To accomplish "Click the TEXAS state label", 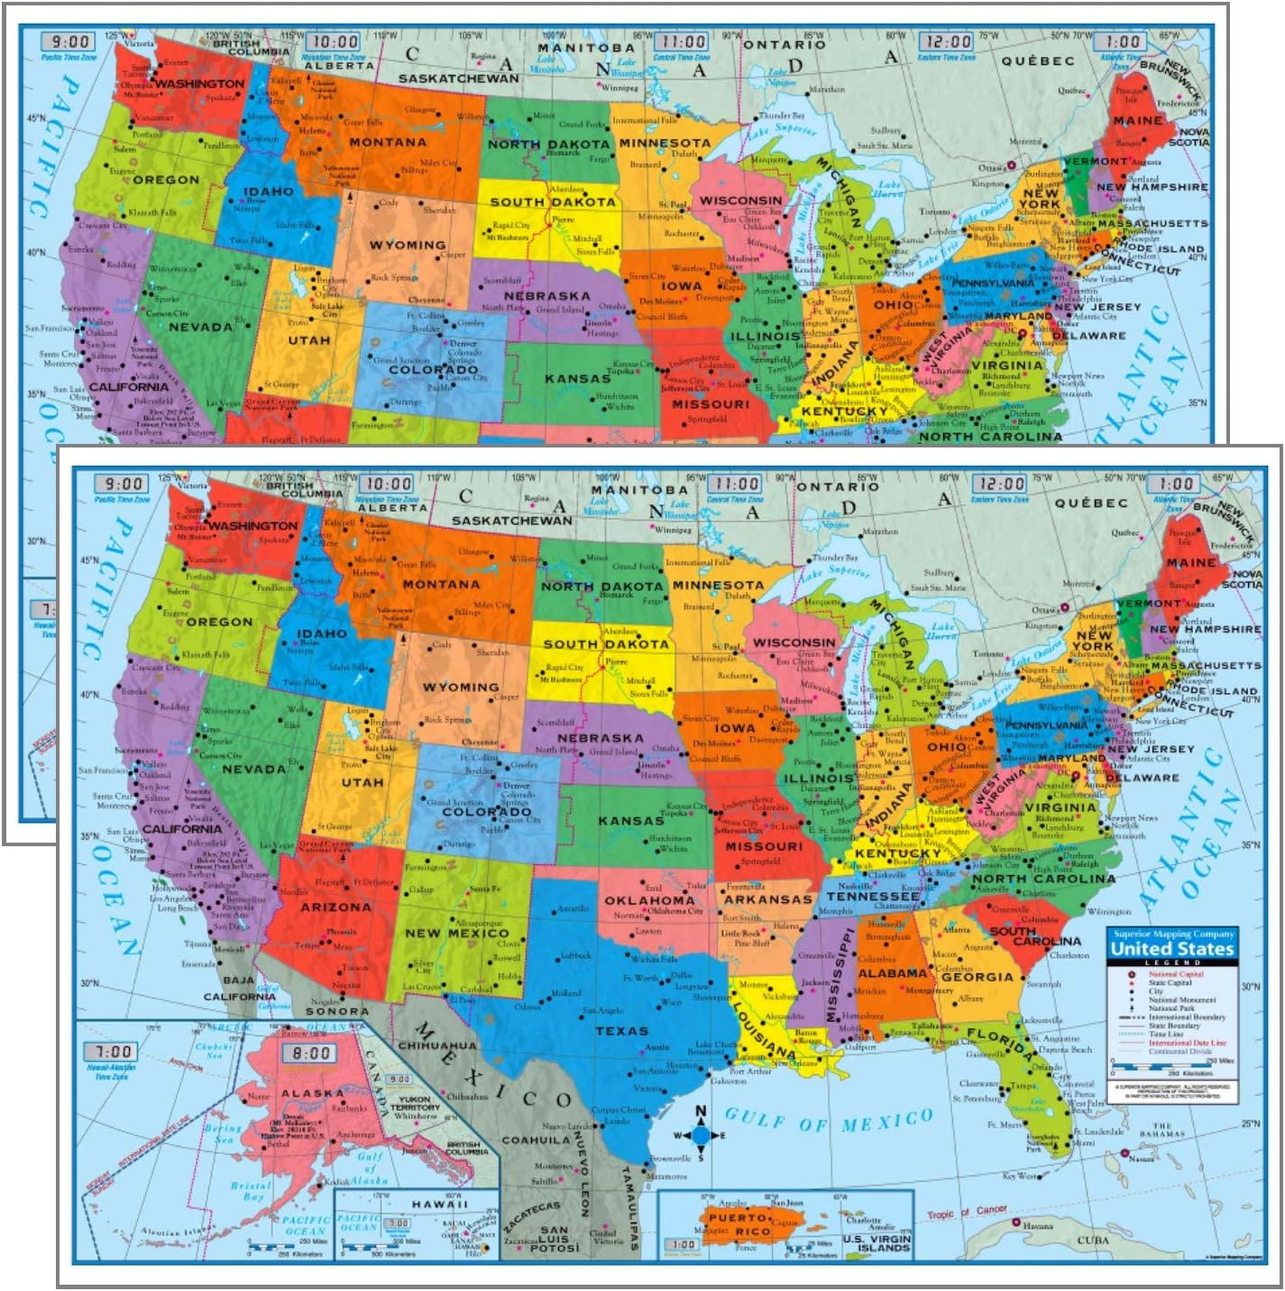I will pyautogui.click(x=621, y=1030).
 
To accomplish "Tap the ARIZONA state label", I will pyautogui.click(x=335, y=907).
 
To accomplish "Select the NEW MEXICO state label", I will pyautogui.click(x=456, y=933).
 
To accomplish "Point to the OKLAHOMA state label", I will pyautogui.click(x=649, y=900).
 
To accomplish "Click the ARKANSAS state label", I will pyautogui.click(x=768, y=899).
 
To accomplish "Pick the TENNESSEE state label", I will pyautogui.click(x=873, y=897).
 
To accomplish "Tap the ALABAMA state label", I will pyautogui.click(x=892, y=973).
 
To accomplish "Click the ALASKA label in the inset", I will pyautogui.click(x=312, y=1093).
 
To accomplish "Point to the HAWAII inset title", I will pyautogui.click(x=440, y=1203).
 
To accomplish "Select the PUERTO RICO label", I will pyautogui.click(x=739, y=1224).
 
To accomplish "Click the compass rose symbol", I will pyautogui.click(x=701, y=1134).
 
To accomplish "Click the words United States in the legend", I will pyautogui.click(x=1171, y=949).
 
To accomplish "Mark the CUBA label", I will pyautogui.click(x=1093, y=1240).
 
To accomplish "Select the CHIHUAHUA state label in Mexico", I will pyautogui.click(x=437, y=1046).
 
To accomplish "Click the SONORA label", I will pyautogui.click(x=337, y=1011).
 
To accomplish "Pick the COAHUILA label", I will pyautogui.click(x=536, y=1140).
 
